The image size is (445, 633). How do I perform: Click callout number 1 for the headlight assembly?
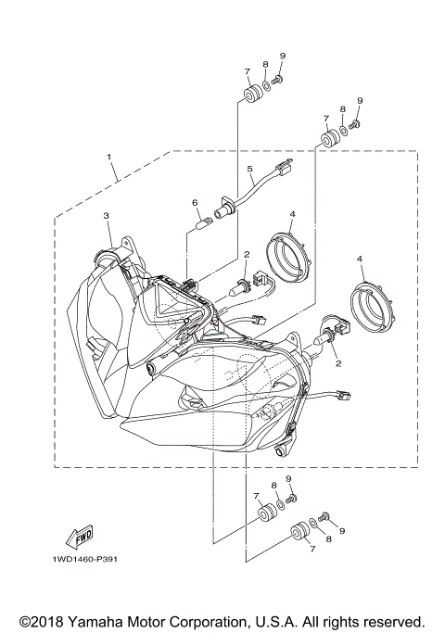click(110, 157)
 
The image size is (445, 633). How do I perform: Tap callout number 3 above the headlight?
click(107, 215)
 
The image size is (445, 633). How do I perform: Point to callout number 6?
click(195, 202)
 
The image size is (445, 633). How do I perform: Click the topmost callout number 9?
click(282, 57)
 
